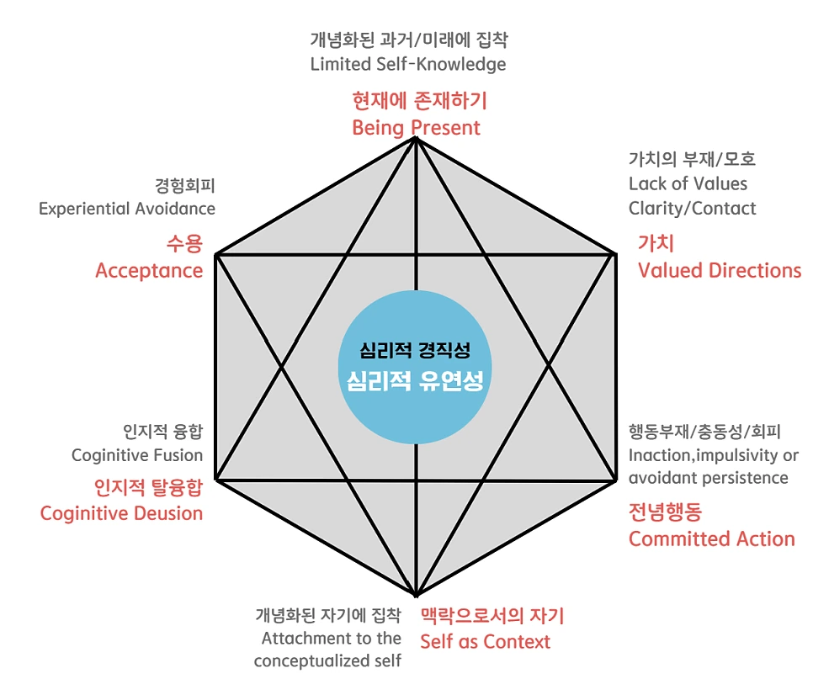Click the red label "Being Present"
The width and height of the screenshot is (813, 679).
pyautogui.click(x=416, y=128)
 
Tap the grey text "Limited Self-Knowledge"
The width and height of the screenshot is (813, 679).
pyautogui.click(x=407, y=64)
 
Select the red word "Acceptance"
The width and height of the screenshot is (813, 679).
pyautogui.click(x=149, y=270)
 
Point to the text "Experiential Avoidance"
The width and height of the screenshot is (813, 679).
pyautogui.click(x=127, y=208)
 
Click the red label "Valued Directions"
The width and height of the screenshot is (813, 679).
pyautogui.click(x=720, y=270)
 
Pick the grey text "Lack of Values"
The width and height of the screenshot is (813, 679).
pyautogui.click(x=688, y=183)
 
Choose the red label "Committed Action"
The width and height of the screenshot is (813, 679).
pyautogui.click(x=712, y=538)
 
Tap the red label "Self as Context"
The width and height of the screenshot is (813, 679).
pyautogui.click(x=485, y=641)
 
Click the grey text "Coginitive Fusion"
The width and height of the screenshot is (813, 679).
pyautogui.click(x=137, y=455)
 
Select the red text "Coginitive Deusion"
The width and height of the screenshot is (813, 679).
pyautogui.click(x=122, y=512)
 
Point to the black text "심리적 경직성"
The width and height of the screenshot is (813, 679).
pyautogui.click(x=416, y=351)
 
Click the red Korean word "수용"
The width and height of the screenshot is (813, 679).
pyautogui.click(x=184, y=245)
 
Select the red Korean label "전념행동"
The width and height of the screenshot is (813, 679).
pyautogui.click(x=665, y=512)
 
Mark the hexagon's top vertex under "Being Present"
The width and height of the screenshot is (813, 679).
pyautogui.click(x=416, y=139)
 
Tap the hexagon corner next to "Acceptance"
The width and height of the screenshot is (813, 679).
pyautogui.click(x=216, y=253)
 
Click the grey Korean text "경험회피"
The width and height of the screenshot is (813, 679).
pyautogui.click(x=185, y=184)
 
